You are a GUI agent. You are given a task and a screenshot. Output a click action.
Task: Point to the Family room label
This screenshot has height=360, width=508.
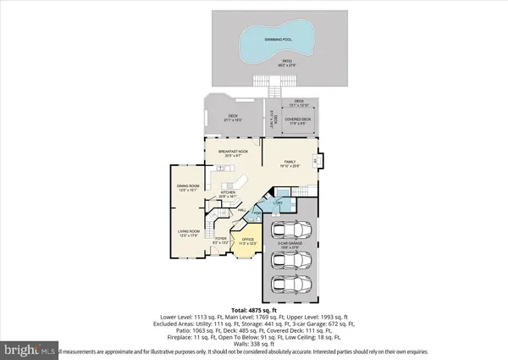(x=289, y=163)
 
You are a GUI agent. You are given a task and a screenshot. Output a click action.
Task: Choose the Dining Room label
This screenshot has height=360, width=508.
(x=188, y=187)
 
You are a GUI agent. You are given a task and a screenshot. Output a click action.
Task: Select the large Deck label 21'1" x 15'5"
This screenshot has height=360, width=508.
(x=231, y=119)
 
